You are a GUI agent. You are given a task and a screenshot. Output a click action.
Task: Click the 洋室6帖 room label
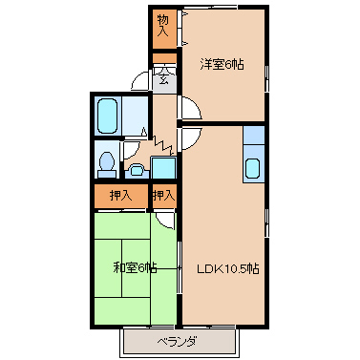[222, 65]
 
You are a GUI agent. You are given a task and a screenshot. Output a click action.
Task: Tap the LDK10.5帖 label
[228, 269]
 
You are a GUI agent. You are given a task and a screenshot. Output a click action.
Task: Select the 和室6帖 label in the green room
[136, 267]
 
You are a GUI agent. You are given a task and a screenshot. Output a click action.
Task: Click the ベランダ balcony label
[177, 342]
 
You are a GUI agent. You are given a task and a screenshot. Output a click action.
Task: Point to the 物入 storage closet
[163, 30]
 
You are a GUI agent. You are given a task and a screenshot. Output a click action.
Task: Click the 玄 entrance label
[163, 78]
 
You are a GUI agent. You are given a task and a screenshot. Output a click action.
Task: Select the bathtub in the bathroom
[107, 116]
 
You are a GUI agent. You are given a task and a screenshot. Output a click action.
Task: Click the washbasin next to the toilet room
[137, 170]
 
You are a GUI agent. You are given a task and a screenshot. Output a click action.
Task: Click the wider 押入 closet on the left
[121, 196]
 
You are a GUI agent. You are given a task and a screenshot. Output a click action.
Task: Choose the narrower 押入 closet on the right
[164, 196]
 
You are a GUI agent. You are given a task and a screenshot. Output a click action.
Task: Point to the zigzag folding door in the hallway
[163, 145]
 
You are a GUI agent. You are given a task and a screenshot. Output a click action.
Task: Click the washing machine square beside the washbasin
[163, 167]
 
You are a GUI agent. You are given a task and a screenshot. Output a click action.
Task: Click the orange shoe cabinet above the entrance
[164, 58]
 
